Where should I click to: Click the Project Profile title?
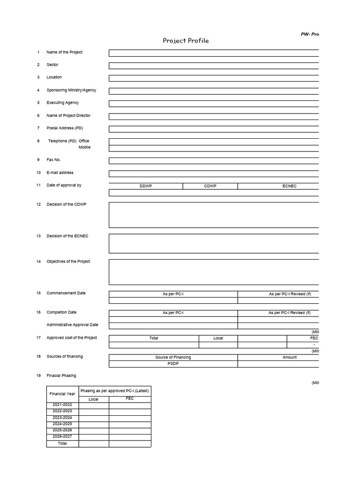[x=186, y=41]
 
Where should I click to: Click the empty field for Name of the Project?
[x=214, y=53]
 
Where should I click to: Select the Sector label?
[x=52, y=65]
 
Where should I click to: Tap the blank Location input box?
[x=214, y=78]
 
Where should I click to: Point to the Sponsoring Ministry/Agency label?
[x=71, y=90]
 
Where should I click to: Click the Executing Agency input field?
[x=214, y=104]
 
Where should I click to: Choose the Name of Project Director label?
[x=68, y=115]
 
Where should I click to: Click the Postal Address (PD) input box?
[x=214, y=129]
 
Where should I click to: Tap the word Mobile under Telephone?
[x=84, y=147]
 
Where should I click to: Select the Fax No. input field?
[x=214, y=160]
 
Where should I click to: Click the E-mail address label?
[x=60, y=172]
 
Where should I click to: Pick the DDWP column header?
[x=146, y=186]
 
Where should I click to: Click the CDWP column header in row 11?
[x=210, y=186]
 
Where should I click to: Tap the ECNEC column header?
[x=289, y=186]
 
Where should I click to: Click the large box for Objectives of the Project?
[x=214, y=272]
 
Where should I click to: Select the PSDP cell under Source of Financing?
[x=173, y=364]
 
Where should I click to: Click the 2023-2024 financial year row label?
[x=62, y=417]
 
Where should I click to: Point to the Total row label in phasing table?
[x=62, y=443]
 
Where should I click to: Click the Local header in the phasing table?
[x=94, y=399]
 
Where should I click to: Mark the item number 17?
[x=38, y=338]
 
